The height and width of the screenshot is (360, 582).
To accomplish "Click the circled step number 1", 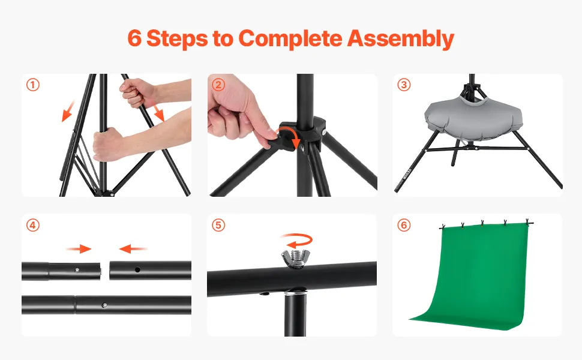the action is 32,85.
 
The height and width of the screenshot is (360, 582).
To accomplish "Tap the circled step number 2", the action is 218,85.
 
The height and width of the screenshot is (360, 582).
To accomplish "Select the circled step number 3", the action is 404,85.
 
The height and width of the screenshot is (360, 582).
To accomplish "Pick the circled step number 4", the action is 32,225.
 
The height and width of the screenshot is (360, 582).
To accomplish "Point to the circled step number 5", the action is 218,225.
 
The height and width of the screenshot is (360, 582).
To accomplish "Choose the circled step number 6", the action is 404,225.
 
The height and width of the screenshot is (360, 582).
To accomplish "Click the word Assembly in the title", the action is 400,39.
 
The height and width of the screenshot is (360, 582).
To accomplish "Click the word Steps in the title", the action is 177,38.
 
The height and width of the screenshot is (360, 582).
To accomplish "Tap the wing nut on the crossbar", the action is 293,258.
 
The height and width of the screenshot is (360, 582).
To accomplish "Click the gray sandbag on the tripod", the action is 473,117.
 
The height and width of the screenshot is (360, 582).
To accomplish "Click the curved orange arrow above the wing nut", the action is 297,240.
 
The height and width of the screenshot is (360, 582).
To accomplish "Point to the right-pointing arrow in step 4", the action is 79,248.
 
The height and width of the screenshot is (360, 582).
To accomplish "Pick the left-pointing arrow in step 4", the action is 133,248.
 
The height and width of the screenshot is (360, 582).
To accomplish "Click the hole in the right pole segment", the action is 137,270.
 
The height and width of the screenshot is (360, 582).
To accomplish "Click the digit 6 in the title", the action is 134,38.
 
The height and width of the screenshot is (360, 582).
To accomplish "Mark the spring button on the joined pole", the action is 104,305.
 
